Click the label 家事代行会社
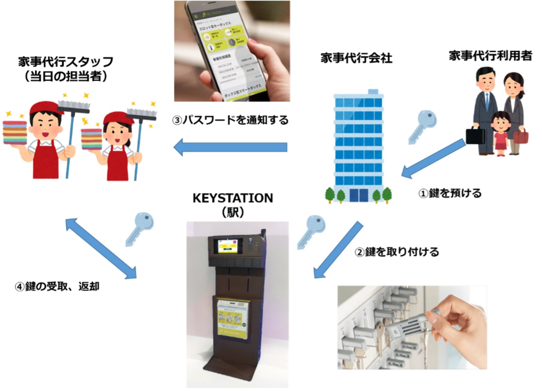pos(356,58)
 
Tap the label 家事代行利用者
pos(490,56)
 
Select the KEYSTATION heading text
pos(233,198)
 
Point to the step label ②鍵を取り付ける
pos(397,252)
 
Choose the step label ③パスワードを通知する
pos(230,120)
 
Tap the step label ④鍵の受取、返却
pos(57,286)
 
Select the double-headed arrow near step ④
pos(100,249)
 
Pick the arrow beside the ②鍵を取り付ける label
pos(338,250)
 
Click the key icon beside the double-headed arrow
pos(139,228)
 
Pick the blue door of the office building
pos(358,195)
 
